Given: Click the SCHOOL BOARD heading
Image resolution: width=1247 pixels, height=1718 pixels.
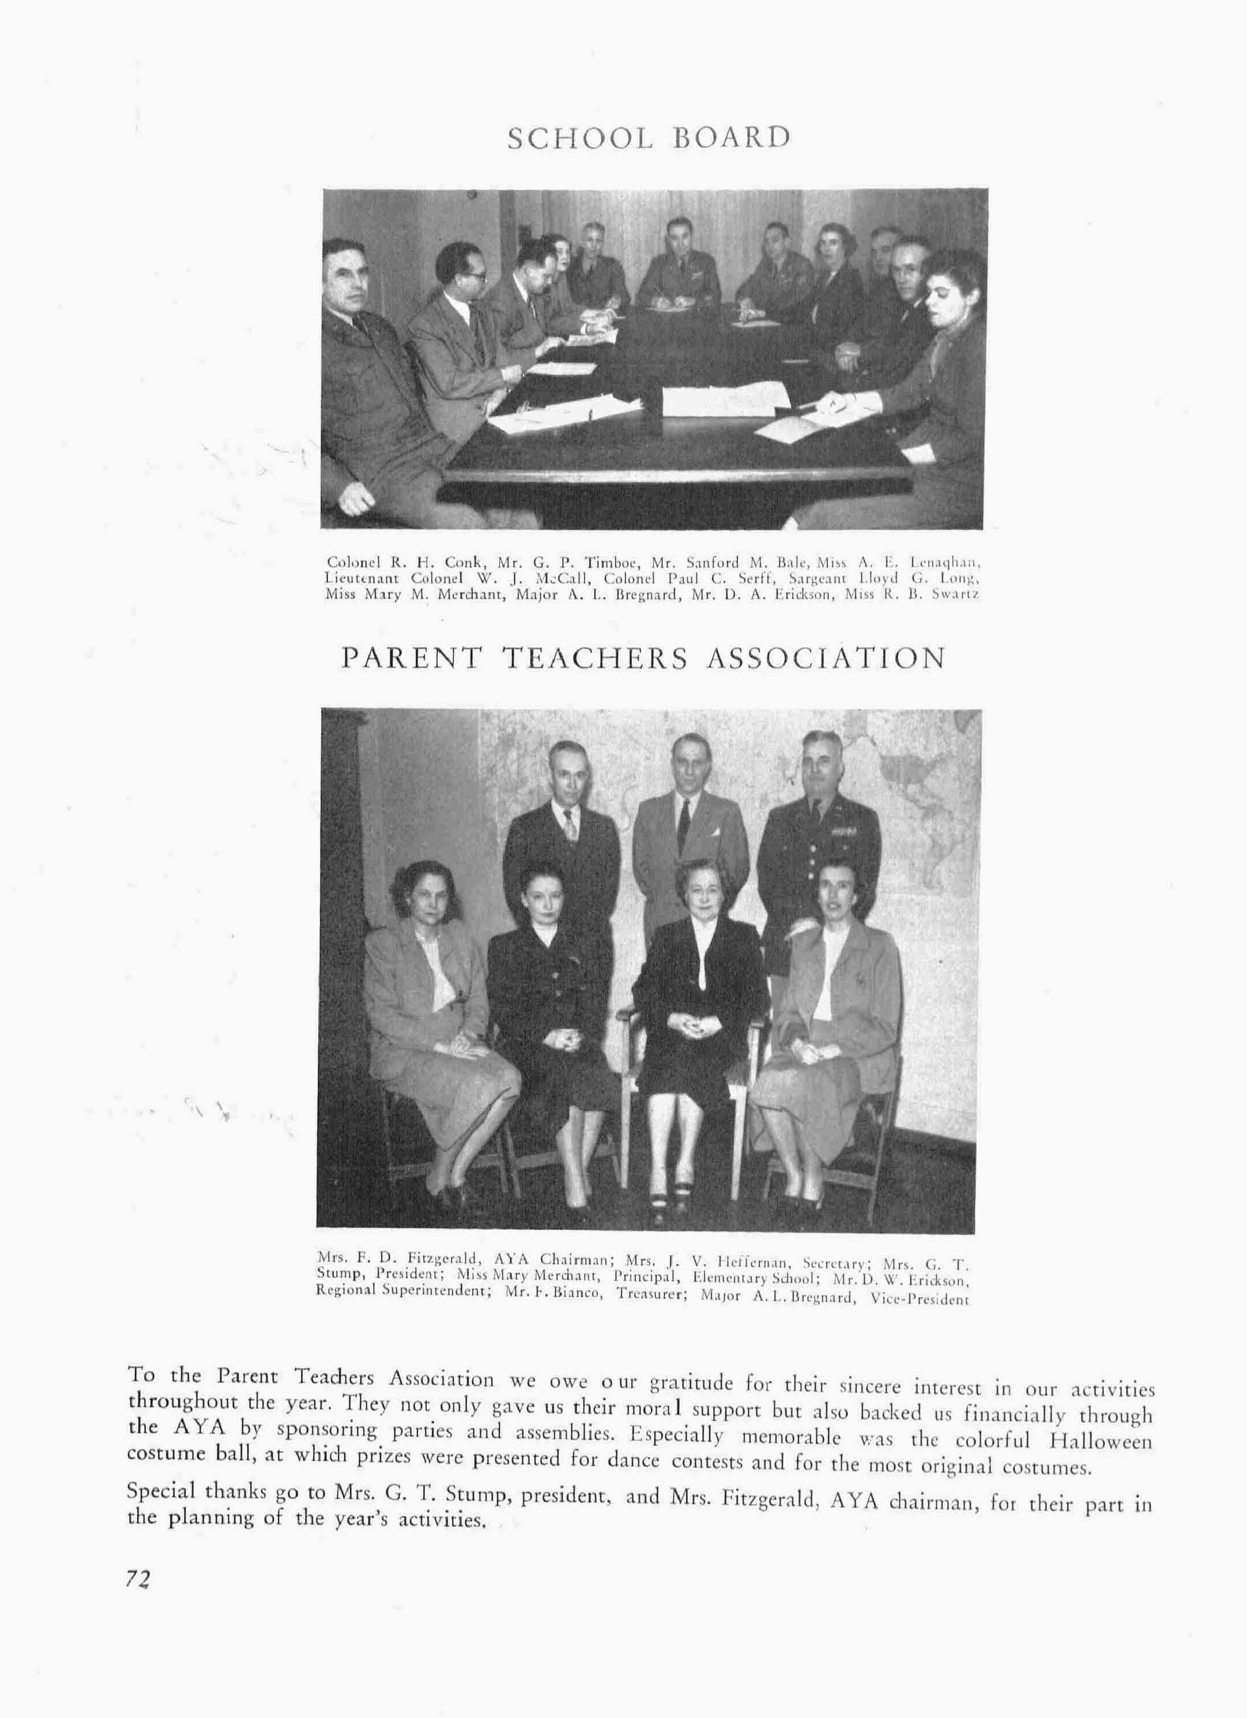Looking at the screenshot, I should pyautogui.click(x=649, y=138).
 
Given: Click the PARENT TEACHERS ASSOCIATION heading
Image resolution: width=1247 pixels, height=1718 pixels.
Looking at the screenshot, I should pyautogui.click(x=643, y=658).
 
